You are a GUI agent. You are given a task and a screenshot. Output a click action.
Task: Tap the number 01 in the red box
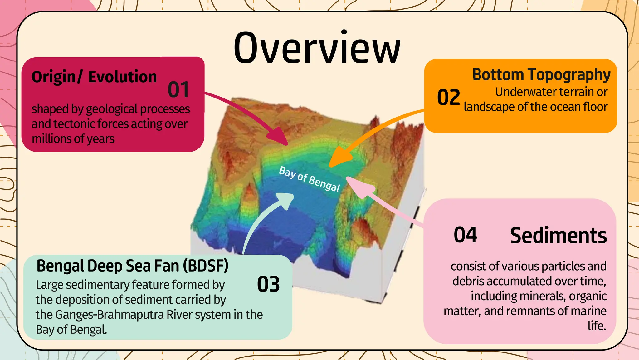coord(178,90)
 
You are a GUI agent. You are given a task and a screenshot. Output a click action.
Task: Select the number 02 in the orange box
coord(448,97)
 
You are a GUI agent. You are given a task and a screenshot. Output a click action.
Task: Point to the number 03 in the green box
coord(268,284)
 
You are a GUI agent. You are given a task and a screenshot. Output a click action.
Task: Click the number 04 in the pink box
coord(465,235)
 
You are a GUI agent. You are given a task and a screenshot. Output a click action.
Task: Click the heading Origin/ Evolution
coord(94,77)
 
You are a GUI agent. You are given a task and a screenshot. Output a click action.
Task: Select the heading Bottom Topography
coord(541,75)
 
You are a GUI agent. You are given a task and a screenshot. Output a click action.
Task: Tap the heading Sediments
coord(558,236)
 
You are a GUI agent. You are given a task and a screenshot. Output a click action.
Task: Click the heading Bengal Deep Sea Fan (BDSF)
coord(132,266)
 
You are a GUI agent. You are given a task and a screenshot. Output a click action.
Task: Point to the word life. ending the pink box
coord(597,326)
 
